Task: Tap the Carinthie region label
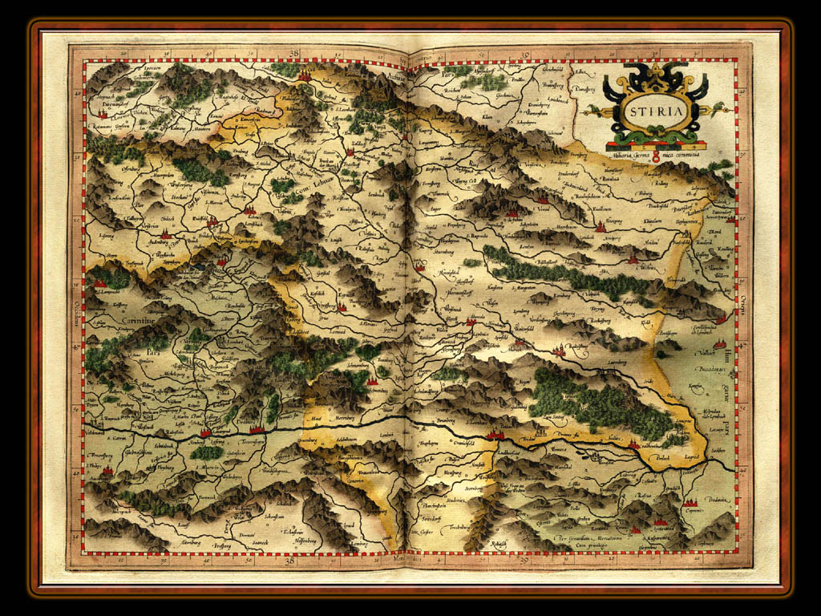click(x=117, y=320)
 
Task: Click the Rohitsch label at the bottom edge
click(x=499, y=543)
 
